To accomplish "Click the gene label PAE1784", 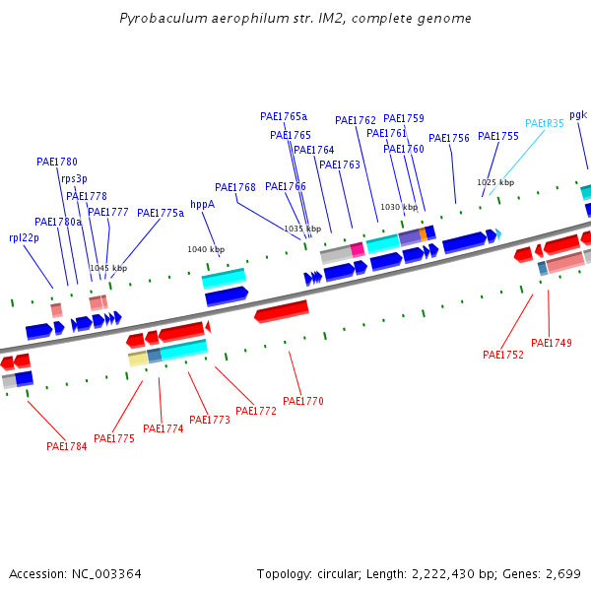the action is (66, 446).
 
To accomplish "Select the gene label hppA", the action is (202, 205).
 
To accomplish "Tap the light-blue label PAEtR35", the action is (544, 124).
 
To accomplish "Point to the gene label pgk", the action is (577, 115).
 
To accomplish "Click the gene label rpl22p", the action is (24, 237).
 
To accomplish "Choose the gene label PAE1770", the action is (302, 401).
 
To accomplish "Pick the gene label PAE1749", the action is (551, 343).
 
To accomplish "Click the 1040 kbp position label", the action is (206, 249).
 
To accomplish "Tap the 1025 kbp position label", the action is (495, 182).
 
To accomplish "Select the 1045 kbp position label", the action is (108, 268).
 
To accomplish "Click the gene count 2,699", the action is (561, 573).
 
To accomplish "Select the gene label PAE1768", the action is (234, 187).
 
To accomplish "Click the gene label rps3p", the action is (74, 178).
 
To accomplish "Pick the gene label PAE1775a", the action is (160, 213).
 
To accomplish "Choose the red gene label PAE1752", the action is (502, 355).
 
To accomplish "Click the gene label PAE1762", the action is (355, 121).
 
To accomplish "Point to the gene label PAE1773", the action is (209, 420).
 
